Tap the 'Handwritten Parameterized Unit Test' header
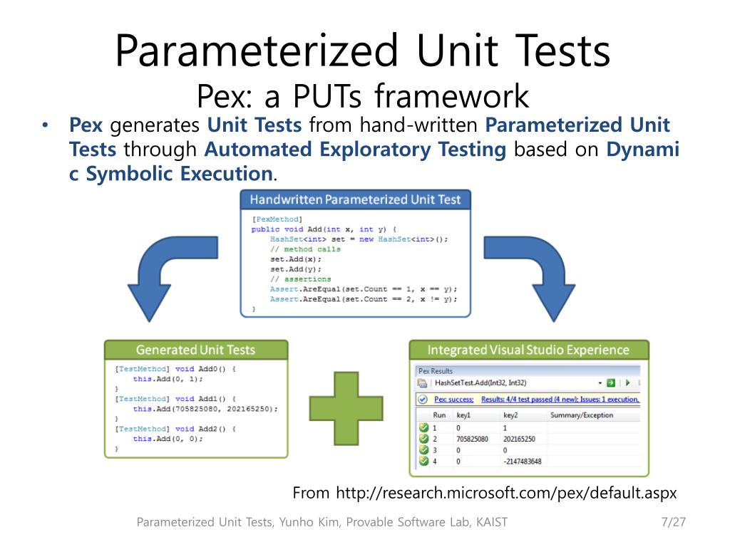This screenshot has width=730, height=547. click(x=355, y=199)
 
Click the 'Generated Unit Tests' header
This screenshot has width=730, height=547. click(x=195, y=350)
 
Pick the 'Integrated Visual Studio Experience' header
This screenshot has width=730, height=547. click(x=528, y=350)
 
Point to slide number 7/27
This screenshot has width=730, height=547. click(x=673, y=522)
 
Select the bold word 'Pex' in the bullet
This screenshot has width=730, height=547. click(x=86, y=126)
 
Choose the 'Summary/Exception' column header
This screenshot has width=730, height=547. click(x=582, y=415)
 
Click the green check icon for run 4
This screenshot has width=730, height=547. click(x=423, y=462)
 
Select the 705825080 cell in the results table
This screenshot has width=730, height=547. click(x=474, y=439)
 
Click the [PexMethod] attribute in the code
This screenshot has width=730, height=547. click(x=277, y=219)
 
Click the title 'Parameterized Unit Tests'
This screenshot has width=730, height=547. click(x=363, y=51)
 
